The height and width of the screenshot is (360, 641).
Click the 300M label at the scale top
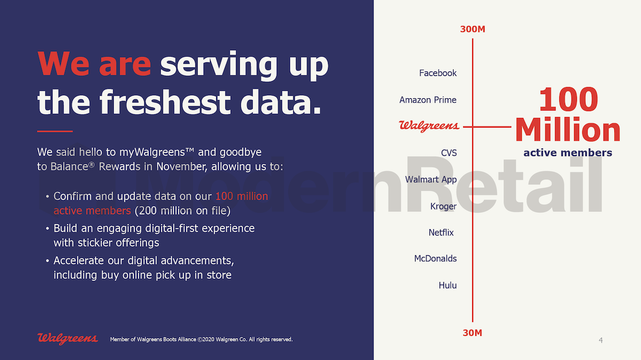472,29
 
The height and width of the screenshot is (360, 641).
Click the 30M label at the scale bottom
472,333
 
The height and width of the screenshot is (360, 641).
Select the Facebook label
438,73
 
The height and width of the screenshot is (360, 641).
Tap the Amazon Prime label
428,100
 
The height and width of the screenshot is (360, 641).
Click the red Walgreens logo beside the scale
429,126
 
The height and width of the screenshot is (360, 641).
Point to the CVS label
449,153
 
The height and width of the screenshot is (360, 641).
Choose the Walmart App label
431,179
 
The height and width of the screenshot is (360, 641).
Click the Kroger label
443,206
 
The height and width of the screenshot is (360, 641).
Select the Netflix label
441,232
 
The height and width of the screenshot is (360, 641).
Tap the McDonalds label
435,259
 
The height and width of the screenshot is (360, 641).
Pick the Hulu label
448,285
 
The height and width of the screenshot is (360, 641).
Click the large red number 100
568,99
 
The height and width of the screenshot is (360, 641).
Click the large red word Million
568,129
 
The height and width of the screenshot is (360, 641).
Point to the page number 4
600,340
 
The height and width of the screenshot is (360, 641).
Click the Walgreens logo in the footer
67,339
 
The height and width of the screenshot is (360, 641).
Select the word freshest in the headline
165,102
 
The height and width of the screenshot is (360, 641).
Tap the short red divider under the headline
55,131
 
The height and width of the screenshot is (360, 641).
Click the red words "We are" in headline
94,64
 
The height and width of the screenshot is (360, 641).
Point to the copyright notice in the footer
201,339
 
